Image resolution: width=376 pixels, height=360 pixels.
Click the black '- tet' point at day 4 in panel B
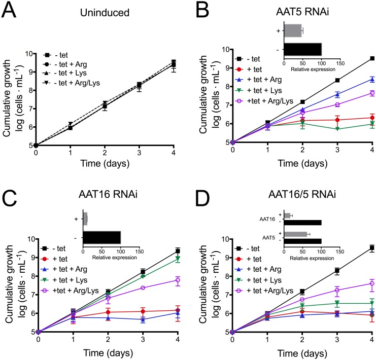pyautogui.click(x=373, y=58)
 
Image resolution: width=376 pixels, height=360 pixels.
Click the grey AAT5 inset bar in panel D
pyautogui.click(x=296, y=234)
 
